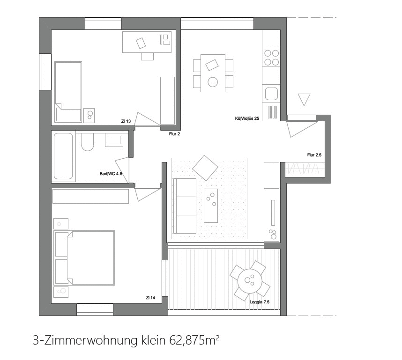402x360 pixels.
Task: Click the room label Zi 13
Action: point(126,121)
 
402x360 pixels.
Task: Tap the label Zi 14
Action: point(150,298)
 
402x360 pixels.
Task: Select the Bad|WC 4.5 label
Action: point(111,174)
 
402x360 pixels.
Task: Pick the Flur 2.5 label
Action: point(314,155)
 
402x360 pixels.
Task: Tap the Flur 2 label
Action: point(174,134)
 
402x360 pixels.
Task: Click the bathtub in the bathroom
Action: point(64,156)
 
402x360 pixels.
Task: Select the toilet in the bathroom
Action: point(88,141)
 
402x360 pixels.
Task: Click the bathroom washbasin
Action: point(114,140)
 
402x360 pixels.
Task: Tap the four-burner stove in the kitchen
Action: point(271,57)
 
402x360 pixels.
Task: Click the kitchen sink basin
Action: point(271,94)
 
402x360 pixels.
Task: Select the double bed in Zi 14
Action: point(85,257)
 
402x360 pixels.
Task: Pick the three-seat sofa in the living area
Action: point(185,206)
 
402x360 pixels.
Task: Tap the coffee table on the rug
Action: point(211,206)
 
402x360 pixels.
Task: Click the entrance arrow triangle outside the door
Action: point(304,99)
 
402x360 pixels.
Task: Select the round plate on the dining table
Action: point(213,82)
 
